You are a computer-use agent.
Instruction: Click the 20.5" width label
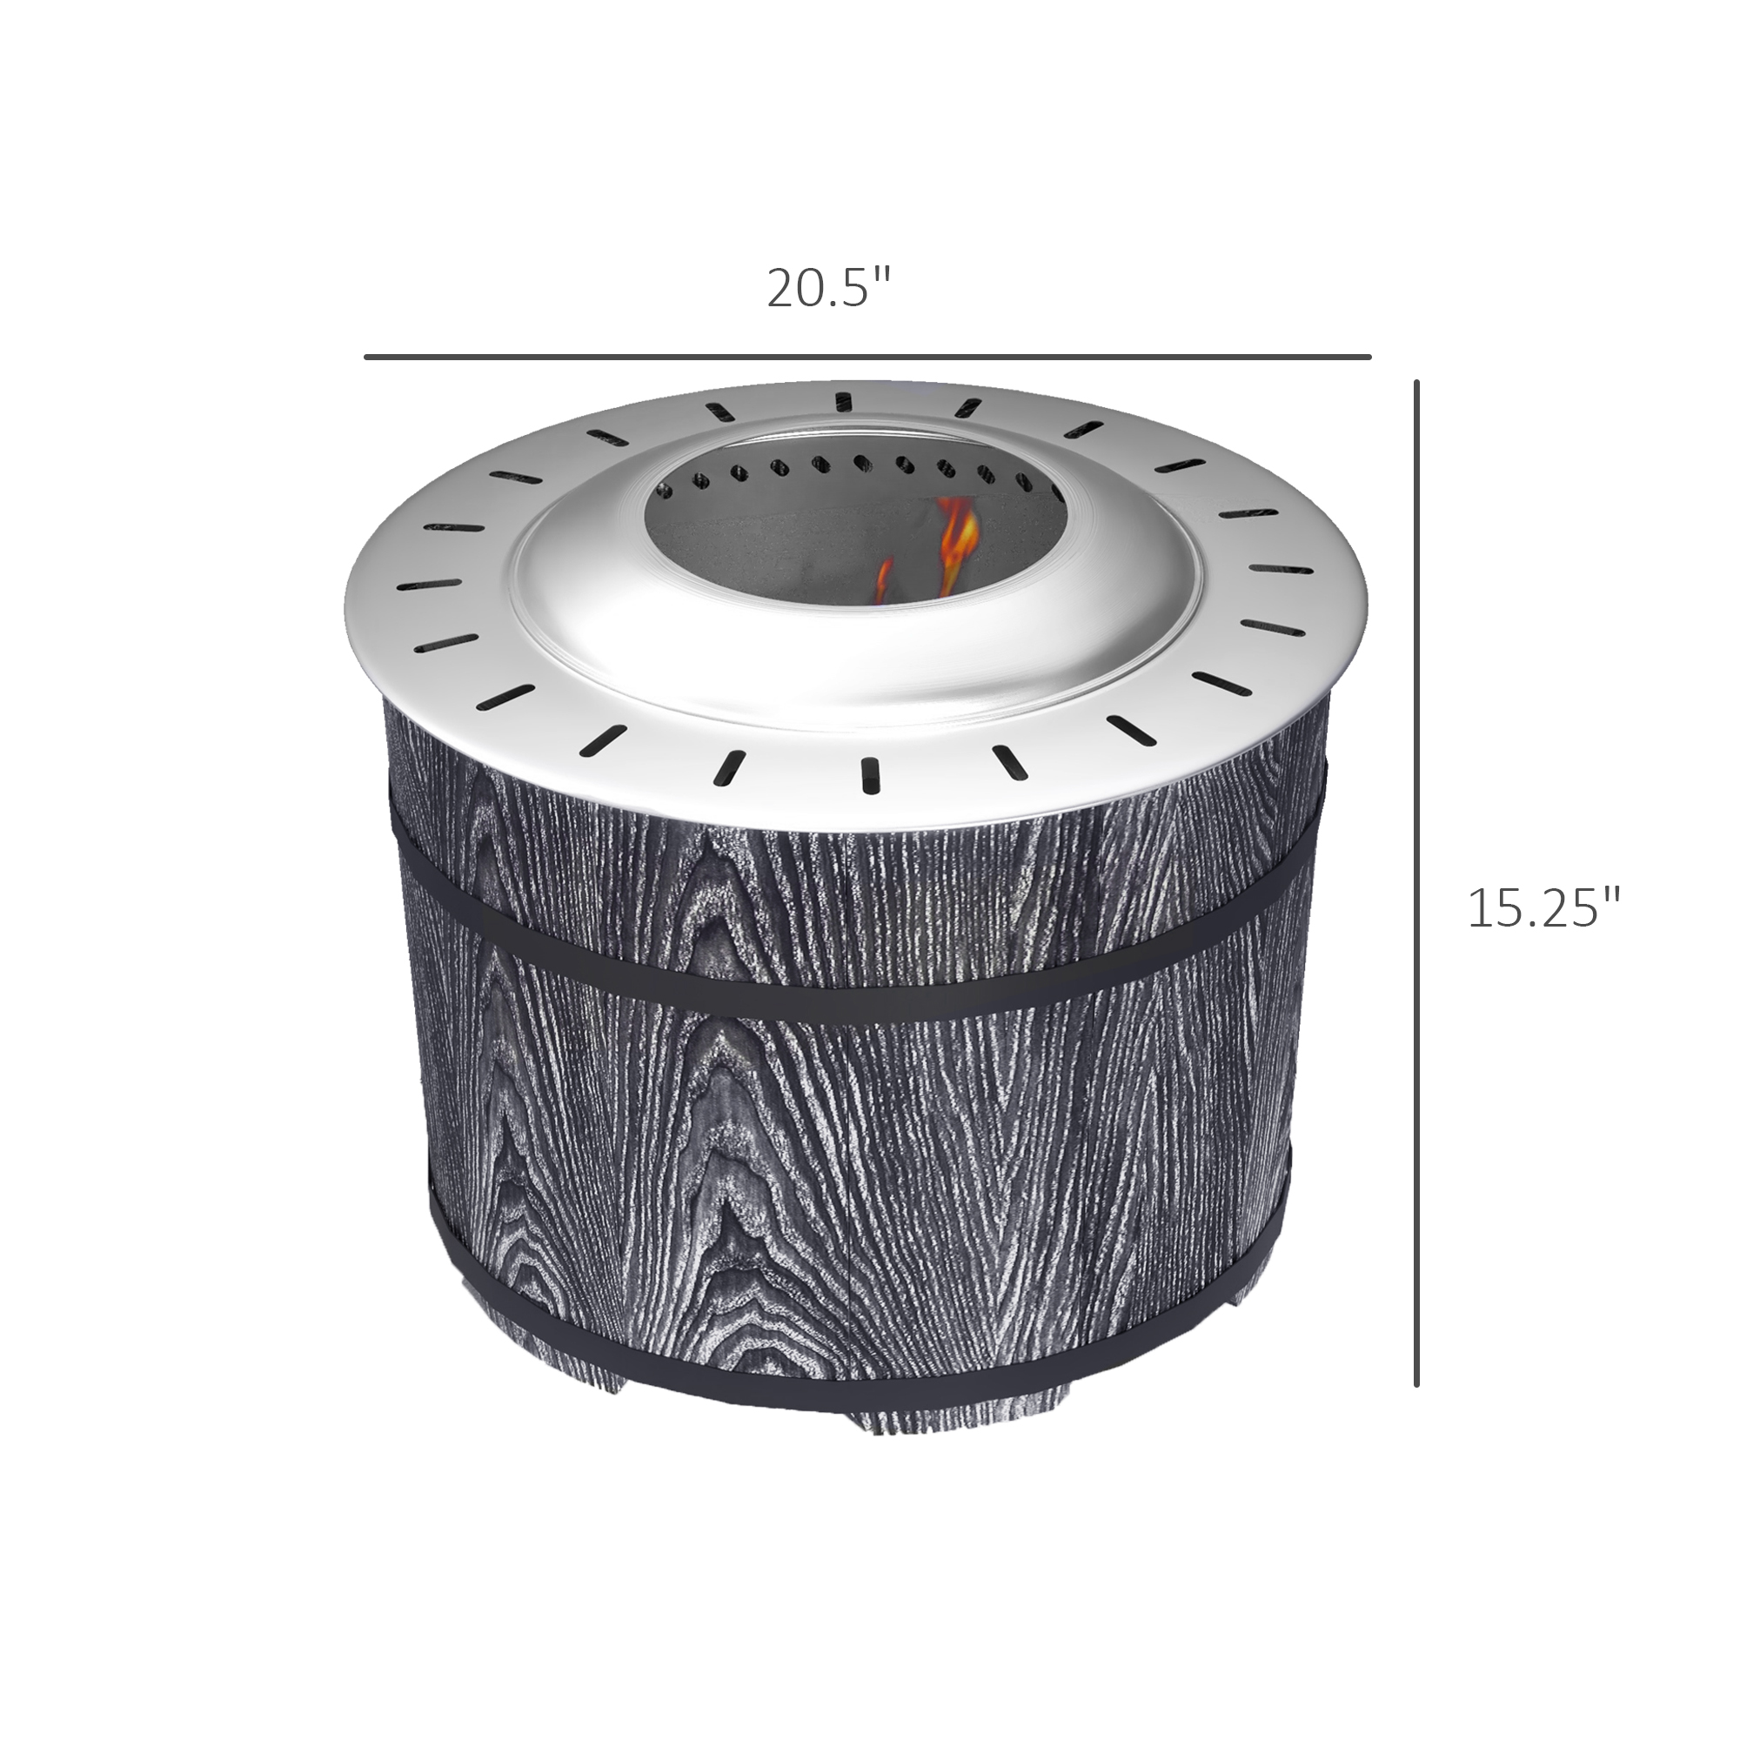827,288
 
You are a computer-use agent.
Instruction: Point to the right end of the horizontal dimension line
1368,358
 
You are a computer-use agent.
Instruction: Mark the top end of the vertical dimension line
1416,383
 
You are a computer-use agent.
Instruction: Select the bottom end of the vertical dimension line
1416,1384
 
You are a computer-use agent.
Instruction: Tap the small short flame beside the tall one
885,581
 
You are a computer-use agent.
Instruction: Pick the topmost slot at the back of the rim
844,401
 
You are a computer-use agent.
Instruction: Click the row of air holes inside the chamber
855,466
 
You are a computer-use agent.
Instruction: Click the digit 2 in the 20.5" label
780,289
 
